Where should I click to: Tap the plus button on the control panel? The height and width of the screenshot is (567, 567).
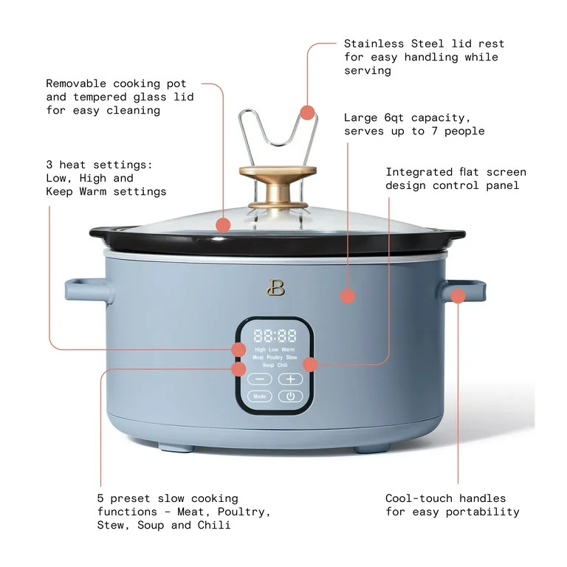pyautogui.click(x=291, y=379)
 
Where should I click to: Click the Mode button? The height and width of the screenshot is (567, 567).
pyautogui.click(x=259, y=396)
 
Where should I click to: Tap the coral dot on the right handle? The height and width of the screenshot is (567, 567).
pyautogui.click(x=458, y=296)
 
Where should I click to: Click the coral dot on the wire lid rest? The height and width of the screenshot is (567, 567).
pyautogui.click(x=307, y=112)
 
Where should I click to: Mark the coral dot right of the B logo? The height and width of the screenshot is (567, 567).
pyautogui.click(x=347, y=296)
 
